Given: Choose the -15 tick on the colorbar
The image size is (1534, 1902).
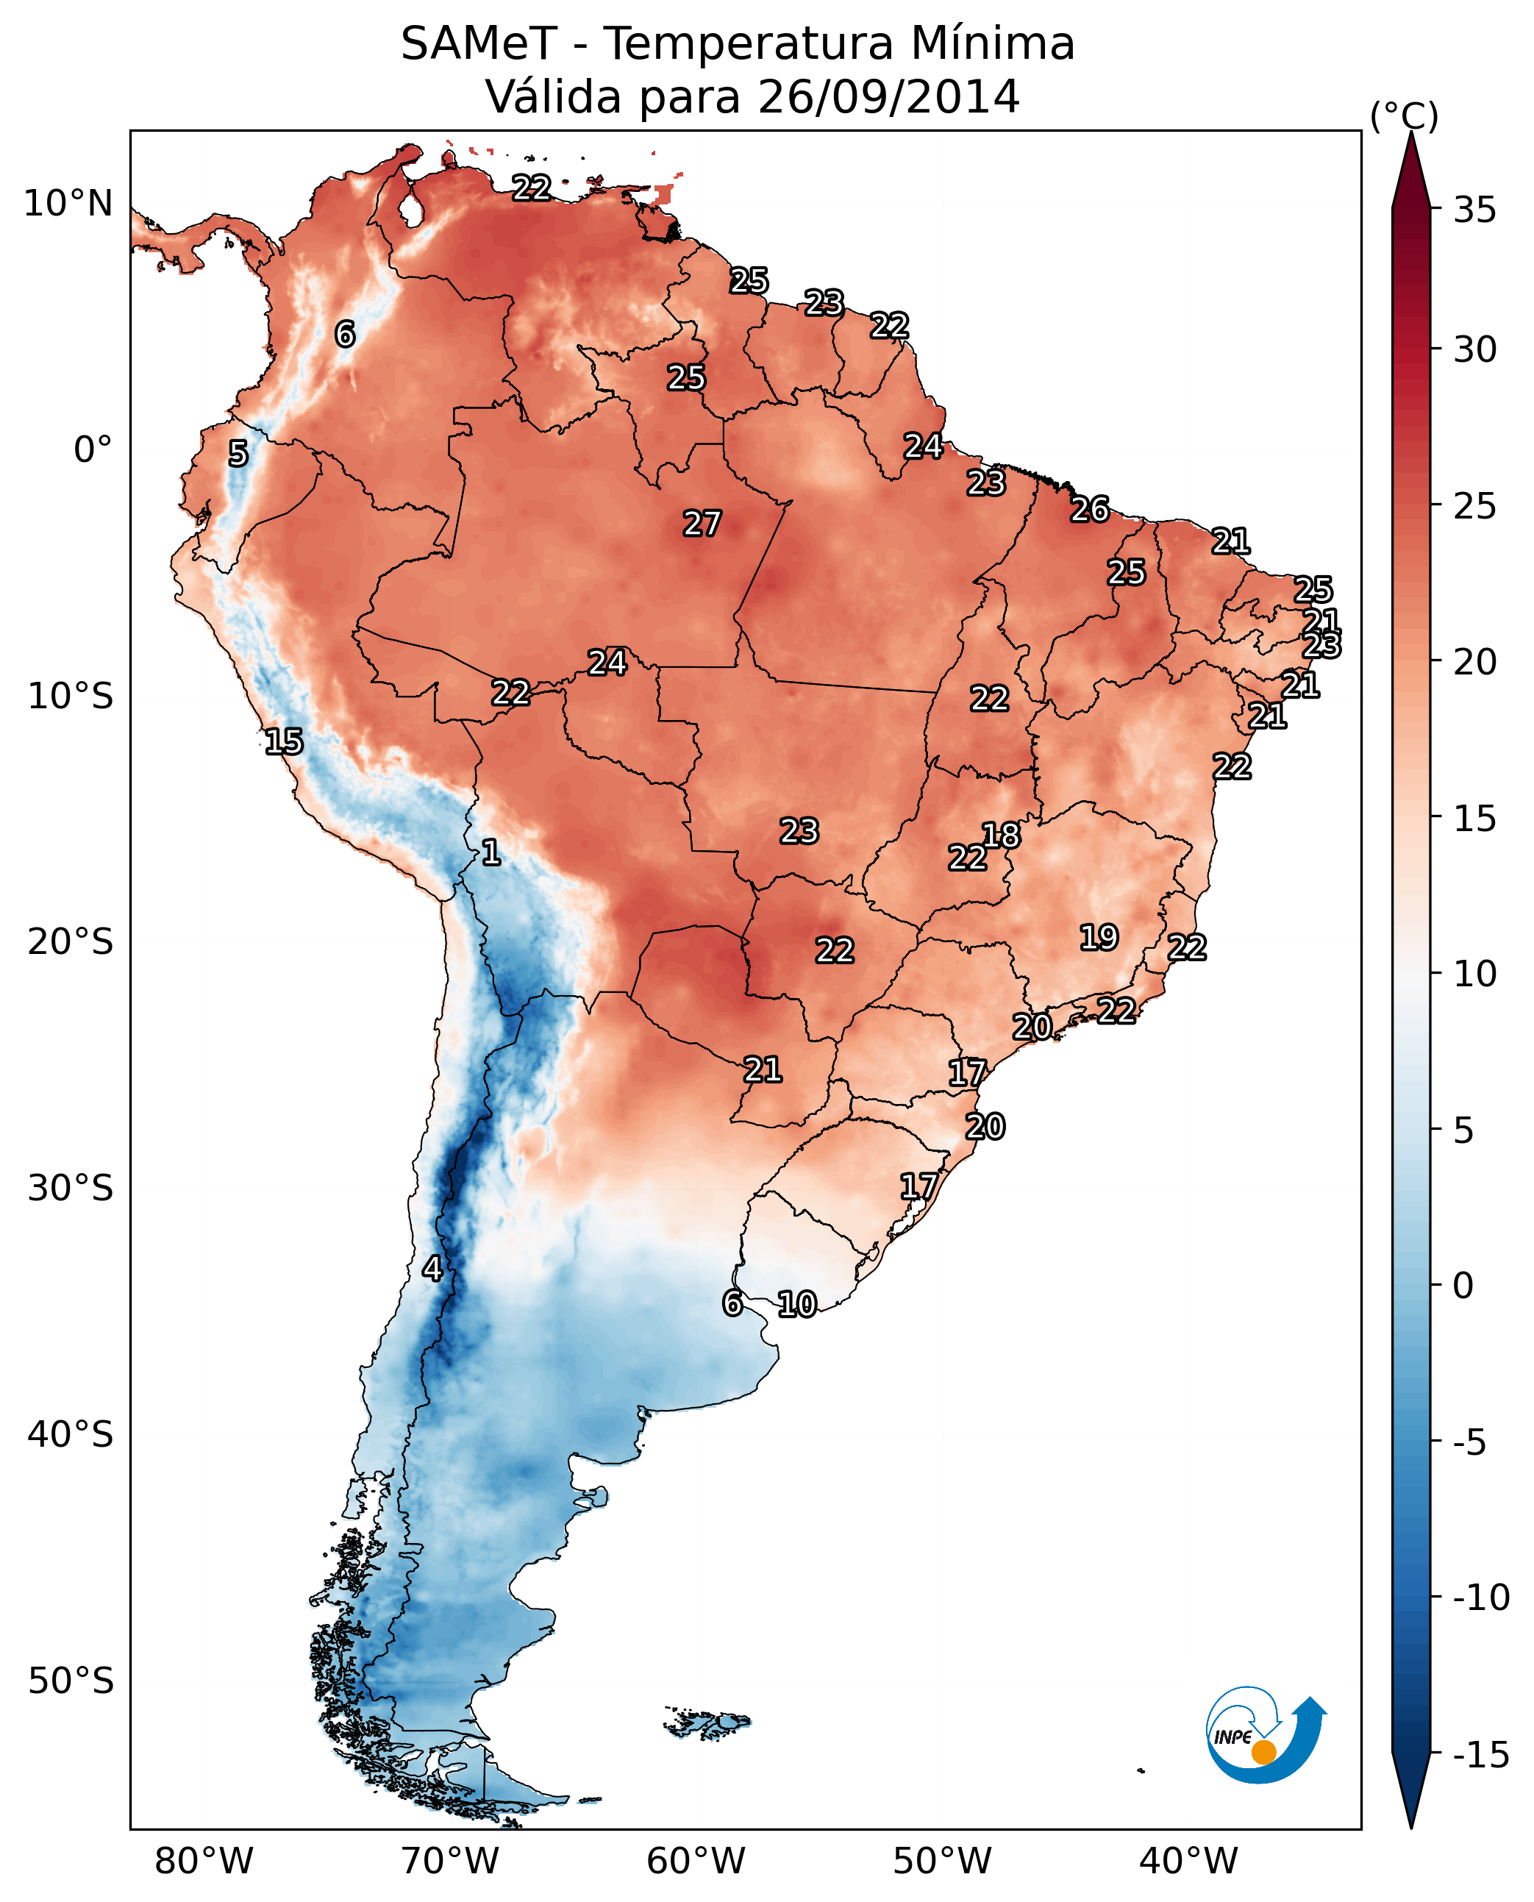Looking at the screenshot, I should (1481, 1756).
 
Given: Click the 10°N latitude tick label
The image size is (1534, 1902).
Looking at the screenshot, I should (68, 204).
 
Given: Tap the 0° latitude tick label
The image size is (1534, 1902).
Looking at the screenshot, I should (93, 450).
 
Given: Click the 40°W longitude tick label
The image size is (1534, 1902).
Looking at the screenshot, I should (1188, 1861).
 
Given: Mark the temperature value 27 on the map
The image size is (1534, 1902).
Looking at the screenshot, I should (702, 523).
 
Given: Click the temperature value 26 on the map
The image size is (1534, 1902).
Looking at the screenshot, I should (1090, 509).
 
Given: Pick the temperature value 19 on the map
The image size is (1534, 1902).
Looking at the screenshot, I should (1099, 937).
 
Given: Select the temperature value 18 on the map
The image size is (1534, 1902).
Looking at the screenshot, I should (1001, 834).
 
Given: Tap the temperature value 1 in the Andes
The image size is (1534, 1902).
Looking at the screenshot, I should (491, 852).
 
